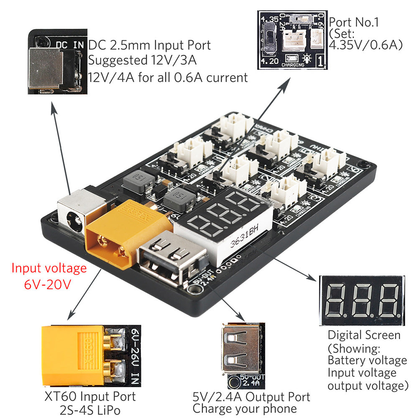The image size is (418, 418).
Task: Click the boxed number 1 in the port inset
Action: [x=320, y=61]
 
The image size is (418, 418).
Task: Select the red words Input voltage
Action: [x=49, y=268]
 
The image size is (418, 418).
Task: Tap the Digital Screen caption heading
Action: [x=364, y=335]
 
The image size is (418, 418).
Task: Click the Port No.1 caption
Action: [x=354, y=22]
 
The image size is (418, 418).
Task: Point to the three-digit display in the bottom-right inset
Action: [x=362, y=300]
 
